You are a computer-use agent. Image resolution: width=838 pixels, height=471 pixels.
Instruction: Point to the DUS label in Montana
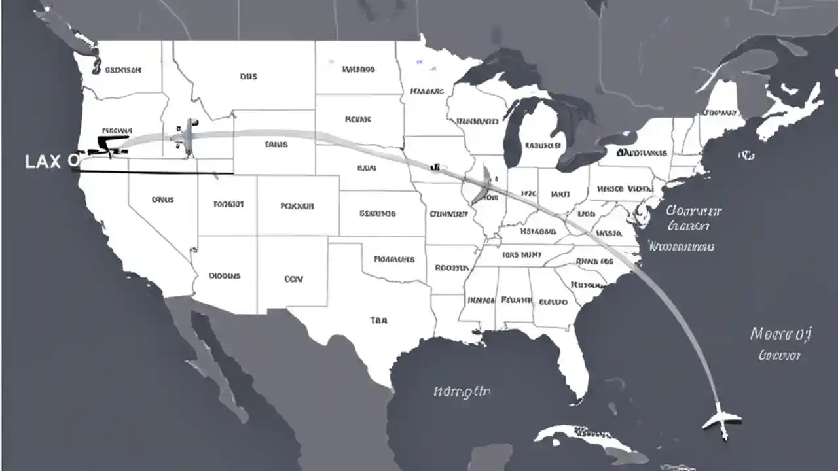tap(248, 76)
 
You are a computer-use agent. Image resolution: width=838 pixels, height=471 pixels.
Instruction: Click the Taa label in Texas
tap(378, 320)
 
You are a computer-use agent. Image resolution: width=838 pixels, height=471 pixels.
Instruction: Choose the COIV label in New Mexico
tap(294, 279)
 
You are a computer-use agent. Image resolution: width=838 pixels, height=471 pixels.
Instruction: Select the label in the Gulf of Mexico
tap(462, 392)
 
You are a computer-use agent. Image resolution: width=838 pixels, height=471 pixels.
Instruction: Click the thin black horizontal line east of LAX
tap(157, 173)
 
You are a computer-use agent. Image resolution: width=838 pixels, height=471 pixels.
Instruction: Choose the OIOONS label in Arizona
tap(225, 275)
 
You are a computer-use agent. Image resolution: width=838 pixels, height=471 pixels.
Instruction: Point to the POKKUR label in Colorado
tap(297, 205)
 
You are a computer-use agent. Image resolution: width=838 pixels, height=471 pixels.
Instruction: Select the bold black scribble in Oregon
tap(111, 143)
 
